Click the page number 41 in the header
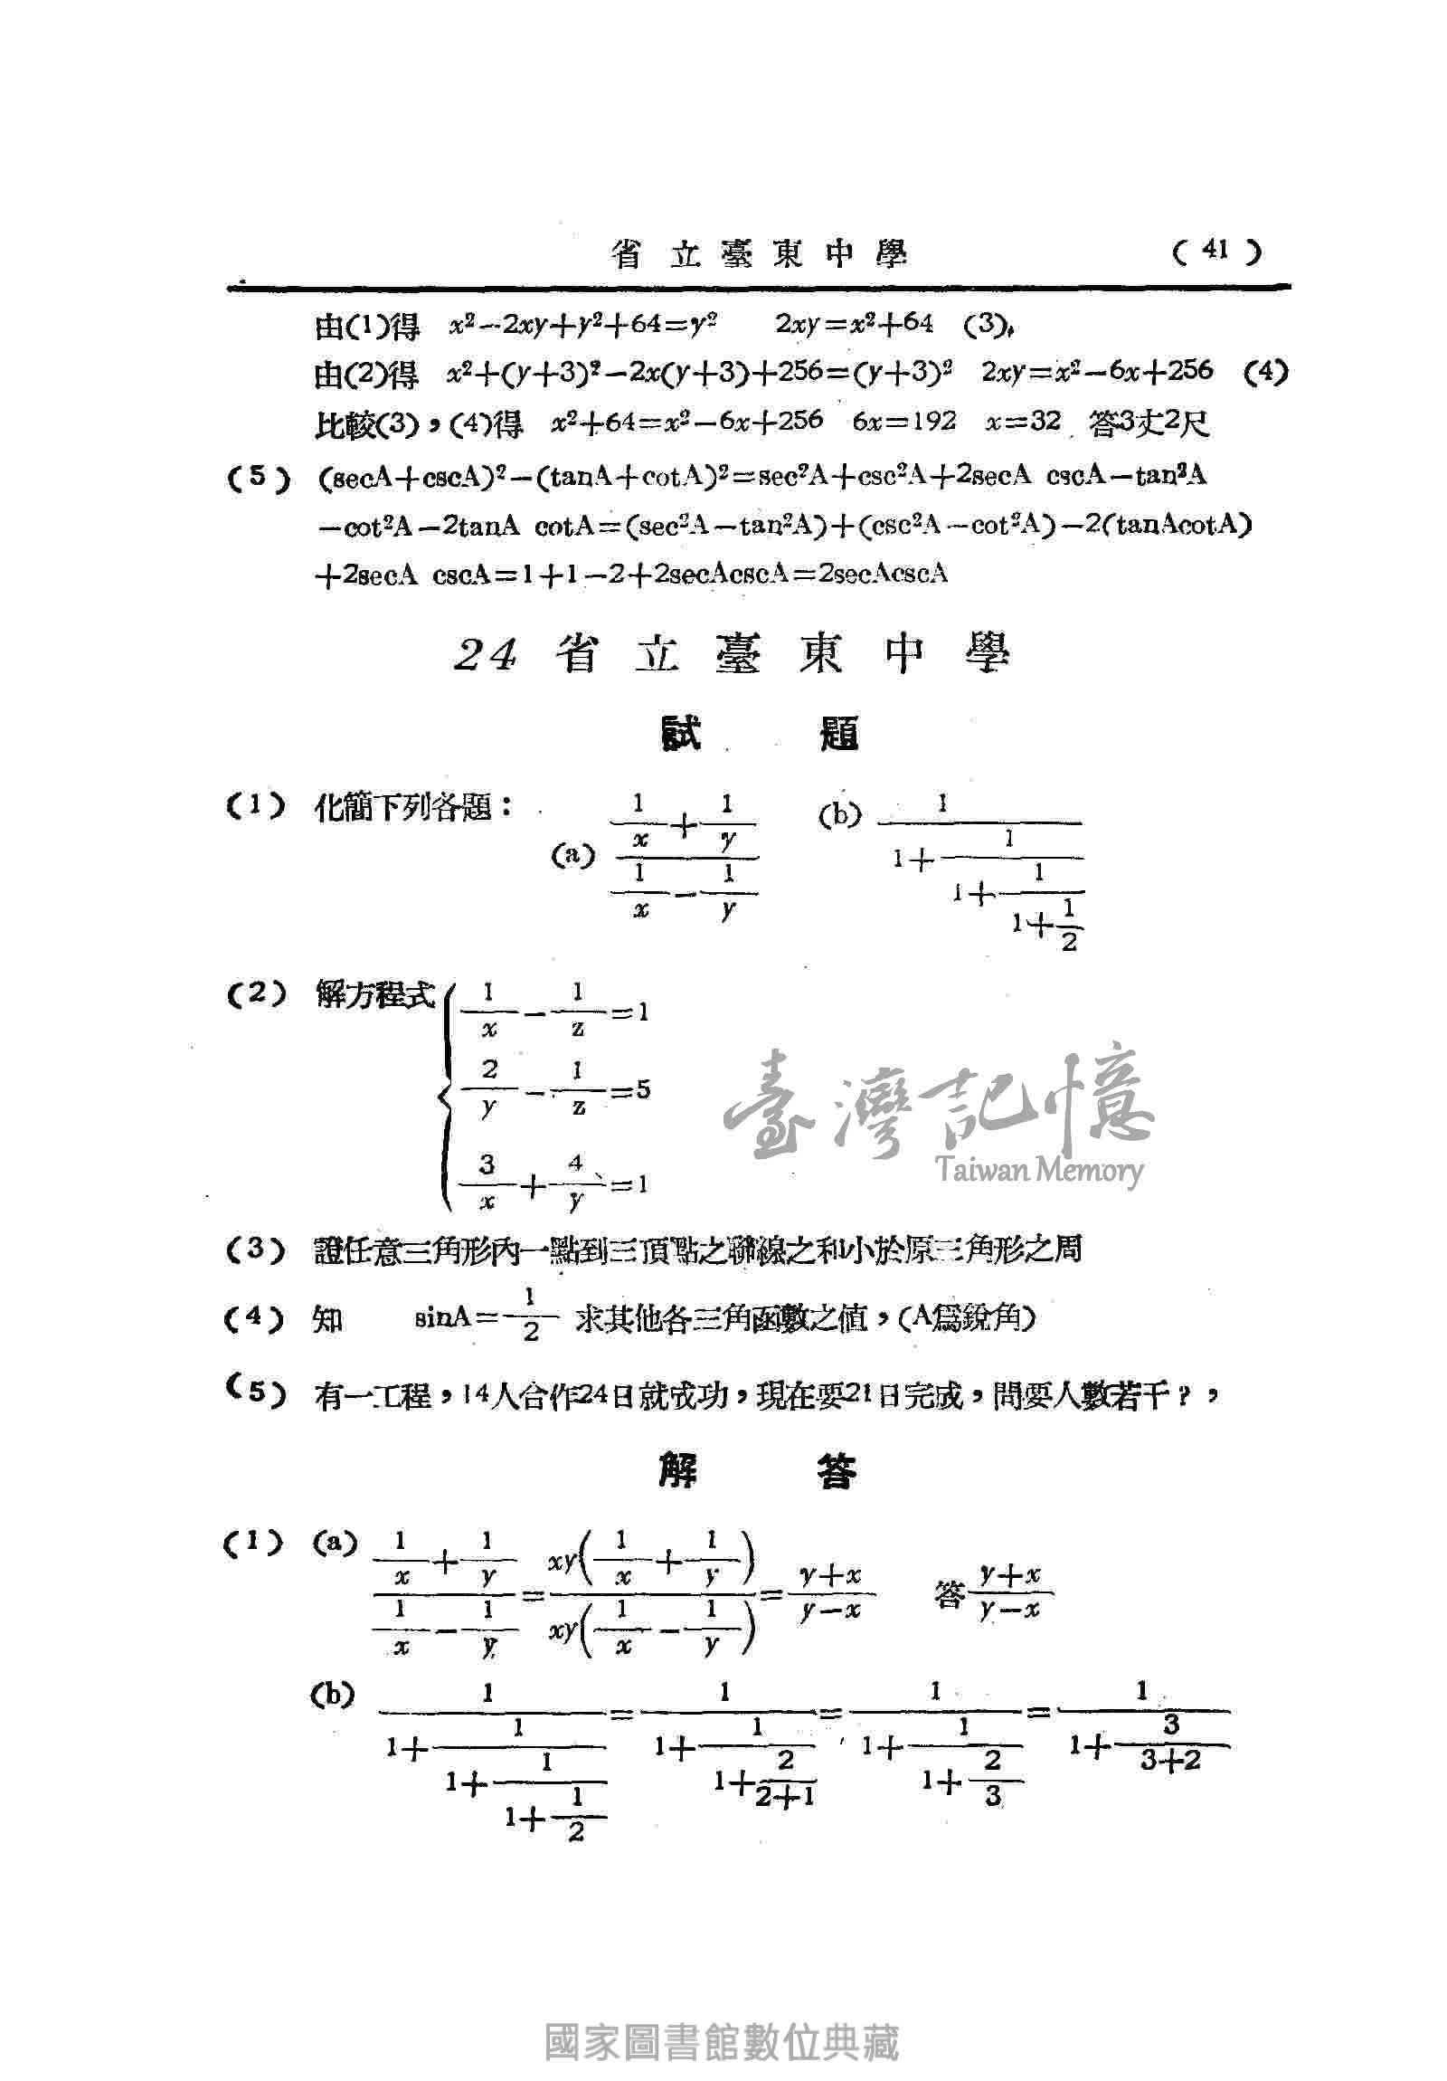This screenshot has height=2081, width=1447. (x=1215, y=251)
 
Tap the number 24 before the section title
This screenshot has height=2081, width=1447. (x=487, y=653)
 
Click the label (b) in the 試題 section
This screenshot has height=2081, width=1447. (x=839, y=816)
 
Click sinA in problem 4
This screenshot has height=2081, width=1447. (x=443, y=1320)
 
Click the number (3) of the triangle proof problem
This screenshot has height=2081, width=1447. (x=256, y=1250)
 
